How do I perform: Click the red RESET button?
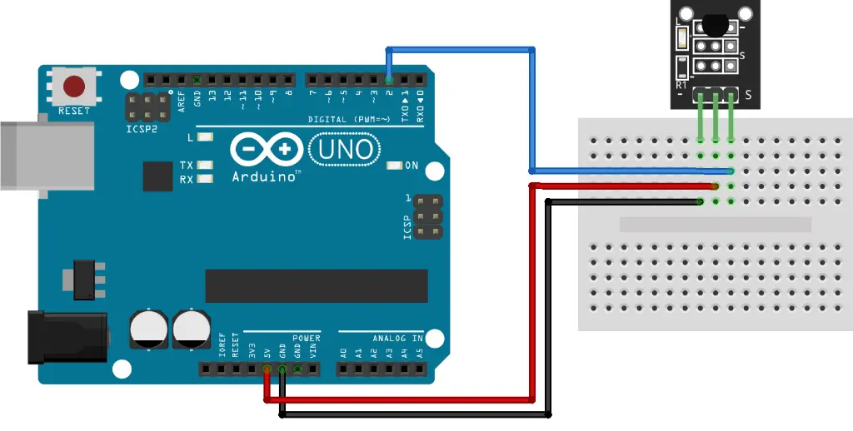pos(75,86)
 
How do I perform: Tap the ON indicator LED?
pos(393,166)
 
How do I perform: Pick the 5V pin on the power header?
pos(267,369)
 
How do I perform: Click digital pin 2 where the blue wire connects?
pos(389,80)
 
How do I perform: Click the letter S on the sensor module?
pos(748,96)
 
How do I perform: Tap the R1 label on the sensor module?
pos(681,85)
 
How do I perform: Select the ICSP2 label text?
pos(142,129)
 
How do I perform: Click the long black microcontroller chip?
pos(316,285)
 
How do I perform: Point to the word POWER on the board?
pos(306,339)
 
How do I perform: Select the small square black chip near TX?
pos(157,176)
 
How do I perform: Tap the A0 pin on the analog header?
pos(344,369)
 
